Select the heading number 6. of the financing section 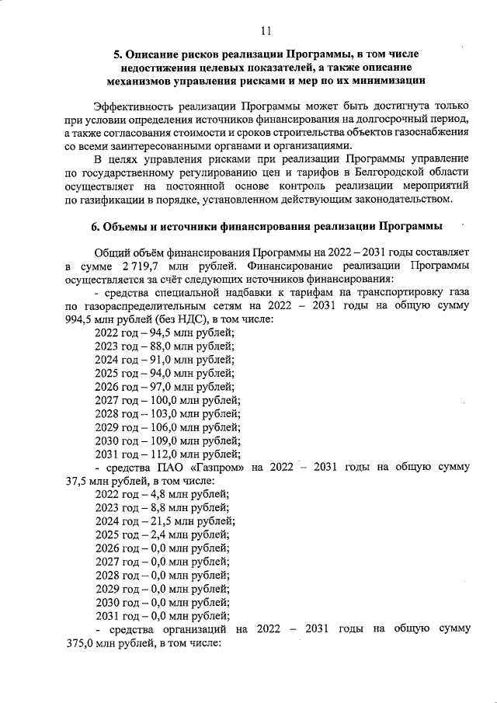click(89, 227)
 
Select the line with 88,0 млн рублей click(165, 346)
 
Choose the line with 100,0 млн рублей click(167, 401)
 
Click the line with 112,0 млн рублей click(167, 454)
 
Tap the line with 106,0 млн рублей click(167, 427)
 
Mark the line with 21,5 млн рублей click(165, 521)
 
